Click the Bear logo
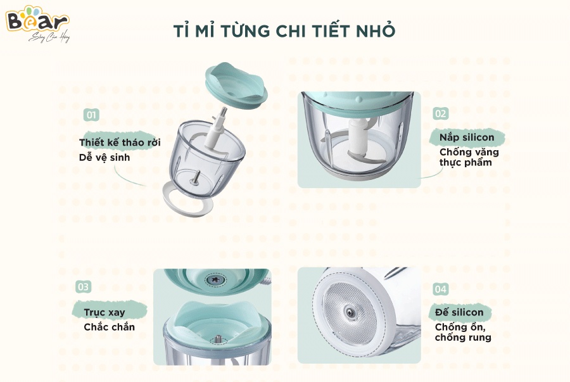(36, 23)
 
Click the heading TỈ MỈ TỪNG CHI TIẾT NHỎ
(284, 31)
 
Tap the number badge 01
(92, 115)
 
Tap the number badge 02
(440, 113)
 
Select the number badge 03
(83, 286)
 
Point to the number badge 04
(440, 289)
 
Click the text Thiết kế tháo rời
(120, 143)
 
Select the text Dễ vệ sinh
(104, 157)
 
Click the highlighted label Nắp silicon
(467, 137)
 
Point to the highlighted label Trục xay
(104, 312)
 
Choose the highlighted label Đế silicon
(459, 312)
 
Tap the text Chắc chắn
(109, 328)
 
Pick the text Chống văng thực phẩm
(469, 157)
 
